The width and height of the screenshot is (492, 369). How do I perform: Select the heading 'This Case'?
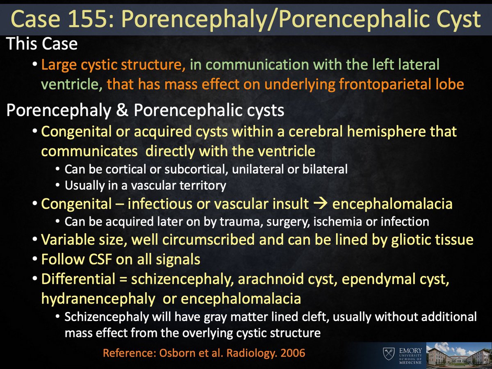[x=42, y=44]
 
